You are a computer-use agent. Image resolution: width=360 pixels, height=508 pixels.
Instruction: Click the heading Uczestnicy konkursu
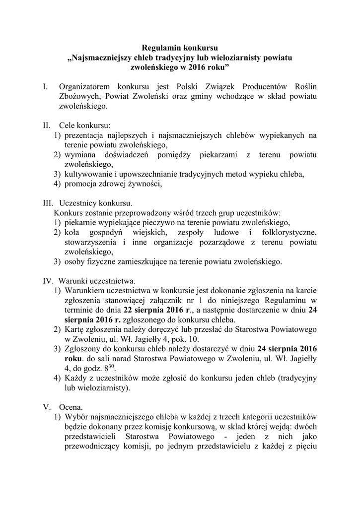tap(95, 203)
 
